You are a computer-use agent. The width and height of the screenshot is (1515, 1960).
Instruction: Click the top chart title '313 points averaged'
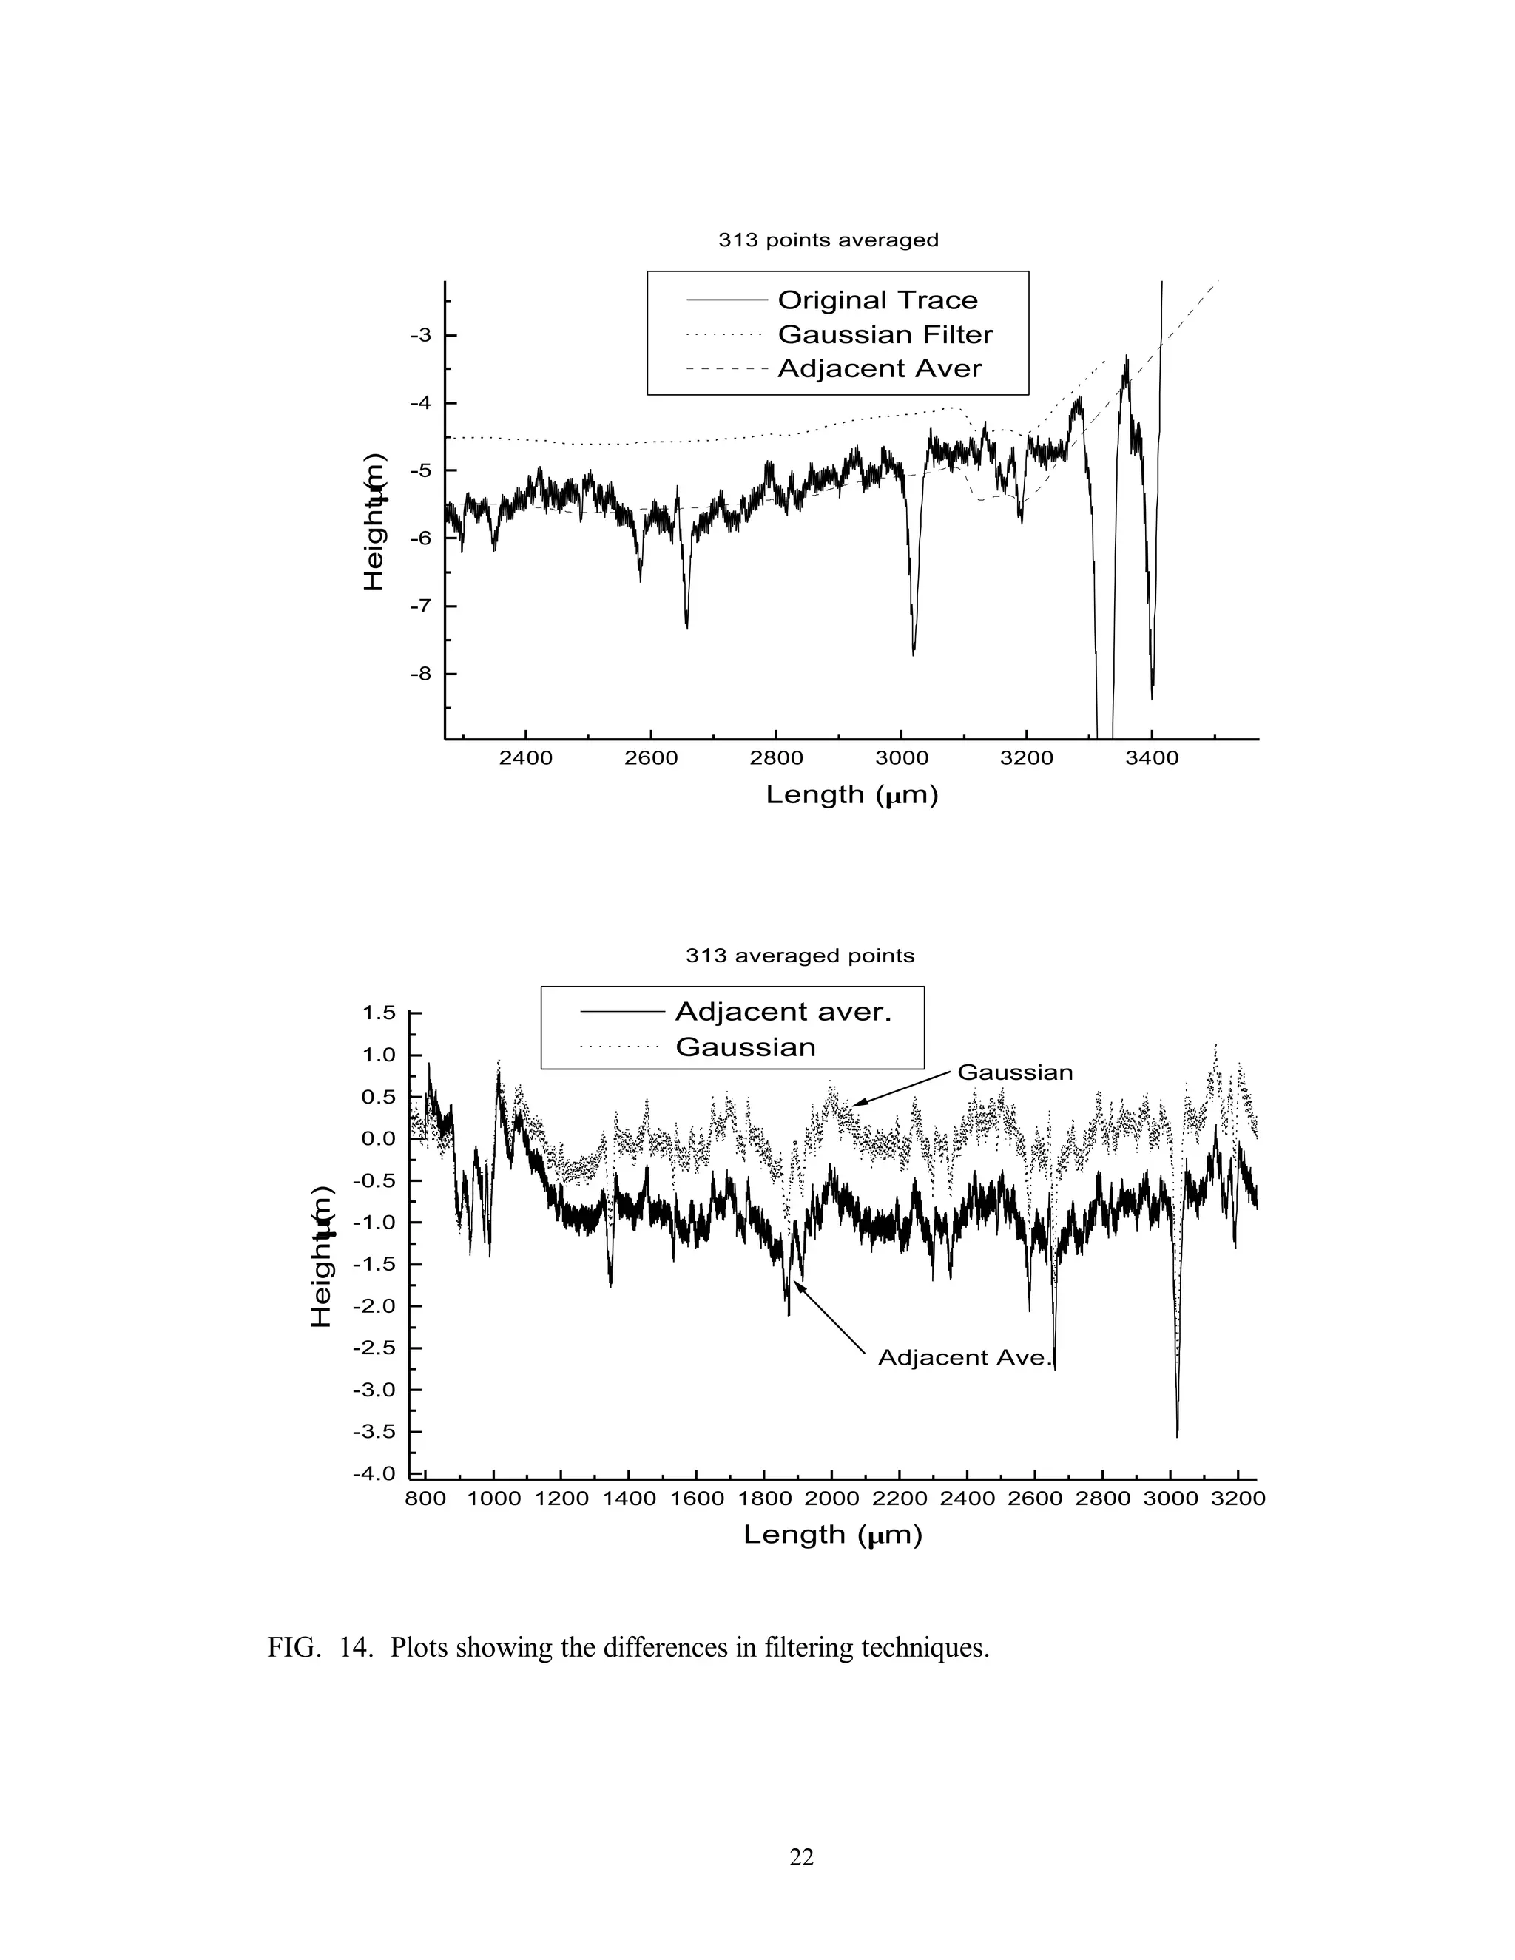pos(828,240)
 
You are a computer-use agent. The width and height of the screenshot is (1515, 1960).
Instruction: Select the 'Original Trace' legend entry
pos(877,300)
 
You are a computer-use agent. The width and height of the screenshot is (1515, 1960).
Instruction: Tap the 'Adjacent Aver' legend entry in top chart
pos(879,369)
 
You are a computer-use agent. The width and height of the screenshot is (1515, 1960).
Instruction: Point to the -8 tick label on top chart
pos(421,674)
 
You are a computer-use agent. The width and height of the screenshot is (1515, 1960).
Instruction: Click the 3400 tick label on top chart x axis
pos(1152,758)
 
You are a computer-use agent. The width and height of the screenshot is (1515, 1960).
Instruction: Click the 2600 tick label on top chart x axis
pos(651,758)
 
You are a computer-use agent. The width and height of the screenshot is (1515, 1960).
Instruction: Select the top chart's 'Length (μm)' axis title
pos(851,795)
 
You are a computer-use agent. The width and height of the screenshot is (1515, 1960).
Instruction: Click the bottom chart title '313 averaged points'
pos(800,956)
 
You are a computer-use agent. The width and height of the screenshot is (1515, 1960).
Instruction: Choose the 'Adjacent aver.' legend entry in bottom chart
pos(783,1013)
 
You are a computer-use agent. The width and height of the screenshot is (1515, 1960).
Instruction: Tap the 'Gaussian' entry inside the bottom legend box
pos(745,1047)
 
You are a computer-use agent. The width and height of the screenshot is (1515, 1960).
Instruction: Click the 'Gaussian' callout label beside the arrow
pos(1015,1072)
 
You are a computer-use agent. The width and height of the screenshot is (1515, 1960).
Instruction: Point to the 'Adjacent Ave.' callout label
pos(963,1358)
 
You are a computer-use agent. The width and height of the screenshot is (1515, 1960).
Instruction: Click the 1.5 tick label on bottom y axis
pos(379,1013)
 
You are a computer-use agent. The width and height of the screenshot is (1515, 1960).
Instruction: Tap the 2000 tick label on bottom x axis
pos(831,1498)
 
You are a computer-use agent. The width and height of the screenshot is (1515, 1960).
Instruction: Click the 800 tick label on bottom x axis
pos(425,1498)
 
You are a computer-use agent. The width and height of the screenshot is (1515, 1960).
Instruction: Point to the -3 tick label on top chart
pos(421,336)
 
